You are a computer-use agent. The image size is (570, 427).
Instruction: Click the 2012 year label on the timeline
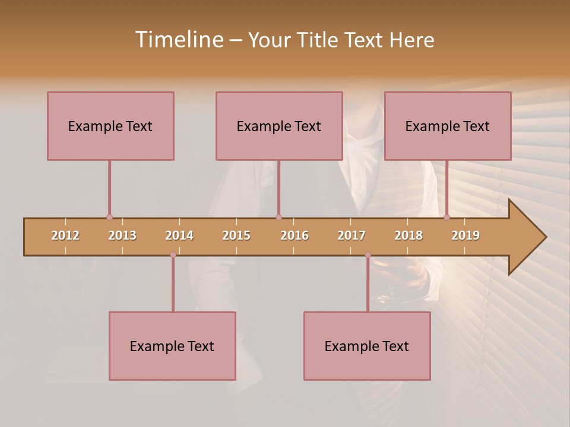click(x=65, y=235)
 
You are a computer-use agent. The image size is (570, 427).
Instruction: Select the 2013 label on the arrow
click(x=122, y=235)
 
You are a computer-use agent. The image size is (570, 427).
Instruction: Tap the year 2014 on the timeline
click(x=179, y=235)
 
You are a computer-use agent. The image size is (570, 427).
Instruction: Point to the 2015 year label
click(x=236, y=235)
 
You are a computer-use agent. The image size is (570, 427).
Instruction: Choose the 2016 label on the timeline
click(x=294, y=235)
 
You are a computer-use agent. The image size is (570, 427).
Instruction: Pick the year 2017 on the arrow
click(x=351, y=235)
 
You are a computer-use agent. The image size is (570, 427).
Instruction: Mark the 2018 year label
click(x=408, y=235)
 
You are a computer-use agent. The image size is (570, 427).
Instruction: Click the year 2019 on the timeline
click(x=465, y=235)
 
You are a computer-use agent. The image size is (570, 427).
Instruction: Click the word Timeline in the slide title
click(x=178, y=40)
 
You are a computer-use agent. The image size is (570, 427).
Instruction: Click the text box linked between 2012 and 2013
click(x=110, y=126)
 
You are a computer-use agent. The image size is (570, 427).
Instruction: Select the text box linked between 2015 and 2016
click(x=279, y=126)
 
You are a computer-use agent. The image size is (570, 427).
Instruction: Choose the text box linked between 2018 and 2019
click(x=448, y=126)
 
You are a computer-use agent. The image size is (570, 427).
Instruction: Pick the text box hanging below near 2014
click(x=172, y=346)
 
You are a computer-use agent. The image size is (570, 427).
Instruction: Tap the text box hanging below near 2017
click(x=367, y=346)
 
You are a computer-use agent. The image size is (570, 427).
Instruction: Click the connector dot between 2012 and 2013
click(x=109, y=217)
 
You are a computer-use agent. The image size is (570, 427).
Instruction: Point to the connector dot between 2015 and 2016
click(x=278, y=217)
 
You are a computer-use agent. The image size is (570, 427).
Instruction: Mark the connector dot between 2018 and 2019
click(x=446, y=217)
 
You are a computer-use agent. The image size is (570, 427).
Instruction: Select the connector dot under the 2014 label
click(x=173, y=255)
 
